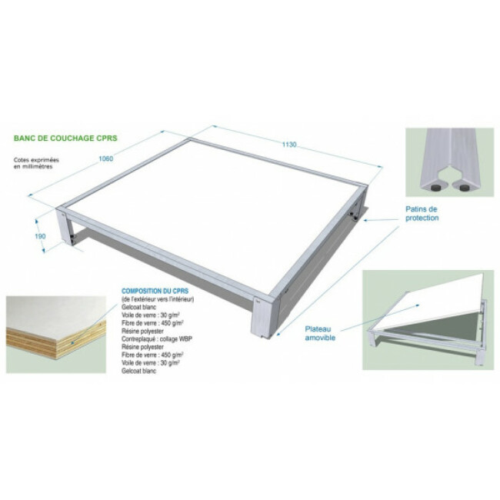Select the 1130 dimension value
(x=289, y=144)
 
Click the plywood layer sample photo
(x=54, y=334)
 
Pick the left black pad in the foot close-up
(x=435, y=185)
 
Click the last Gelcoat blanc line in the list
(x=138, y=371)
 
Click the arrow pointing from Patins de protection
(x=381, y=219)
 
